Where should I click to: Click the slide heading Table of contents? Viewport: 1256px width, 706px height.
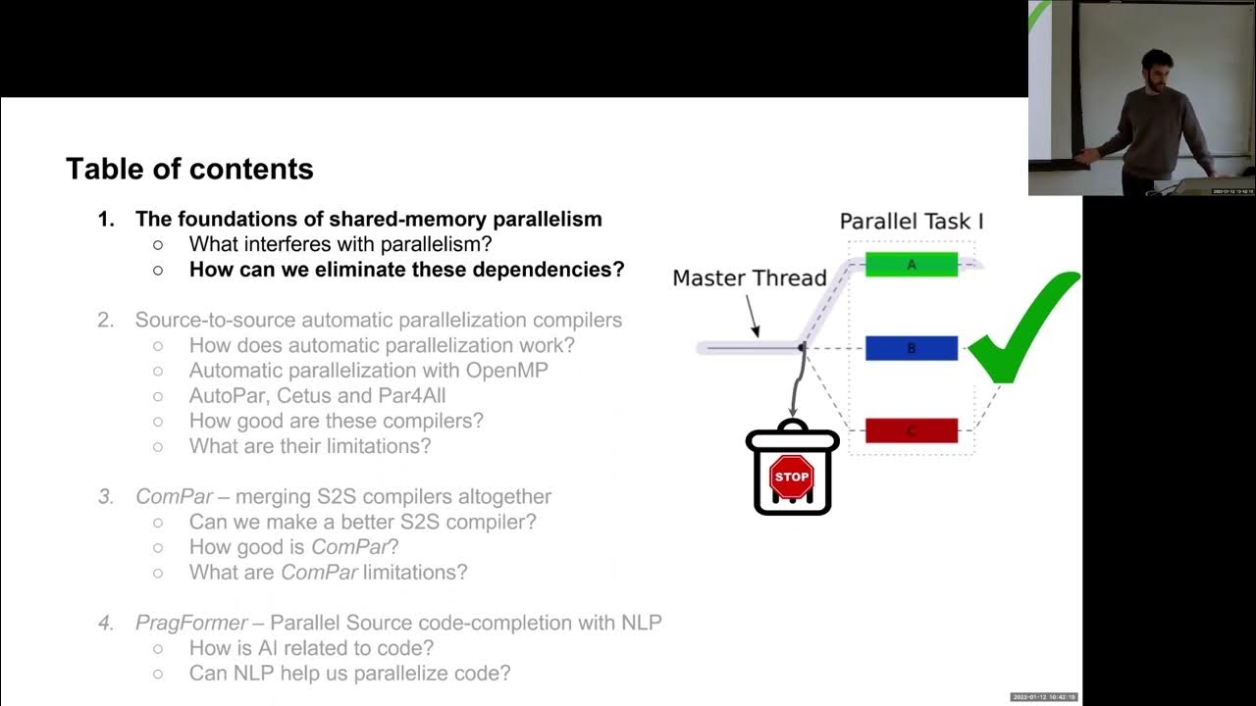[x=189, y=169]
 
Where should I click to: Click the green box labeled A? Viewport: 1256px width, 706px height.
[x=911, y=264]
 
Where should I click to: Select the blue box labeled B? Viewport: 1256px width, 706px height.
[x=911, y=348]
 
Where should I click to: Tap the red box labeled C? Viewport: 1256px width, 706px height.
[x=911, y=430]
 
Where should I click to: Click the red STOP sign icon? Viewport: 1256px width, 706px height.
[x=791, y=477]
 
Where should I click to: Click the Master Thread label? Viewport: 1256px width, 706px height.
[x=750, y=278]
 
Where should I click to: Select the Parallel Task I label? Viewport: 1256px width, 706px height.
[x=911, y=222]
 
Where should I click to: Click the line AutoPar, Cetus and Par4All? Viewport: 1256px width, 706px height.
[x=317, y=395]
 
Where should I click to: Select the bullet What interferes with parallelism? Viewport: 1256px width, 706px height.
[x=340, y=243]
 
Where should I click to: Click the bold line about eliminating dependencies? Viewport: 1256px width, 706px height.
[x=406, y=269]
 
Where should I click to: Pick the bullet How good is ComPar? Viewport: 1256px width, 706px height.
[x=293, y=546]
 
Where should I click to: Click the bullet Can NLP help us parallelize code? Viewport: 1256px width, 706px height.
[x=349, y=673]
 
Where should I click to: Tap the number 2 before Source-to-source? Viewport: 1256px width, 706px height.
[x=104, y=320]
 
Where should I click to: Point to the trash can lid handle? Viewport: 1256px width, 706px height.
[x=793, y=424]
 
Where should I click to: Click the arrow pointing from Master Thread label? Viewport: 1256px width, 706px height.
[x=752, y=315]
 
